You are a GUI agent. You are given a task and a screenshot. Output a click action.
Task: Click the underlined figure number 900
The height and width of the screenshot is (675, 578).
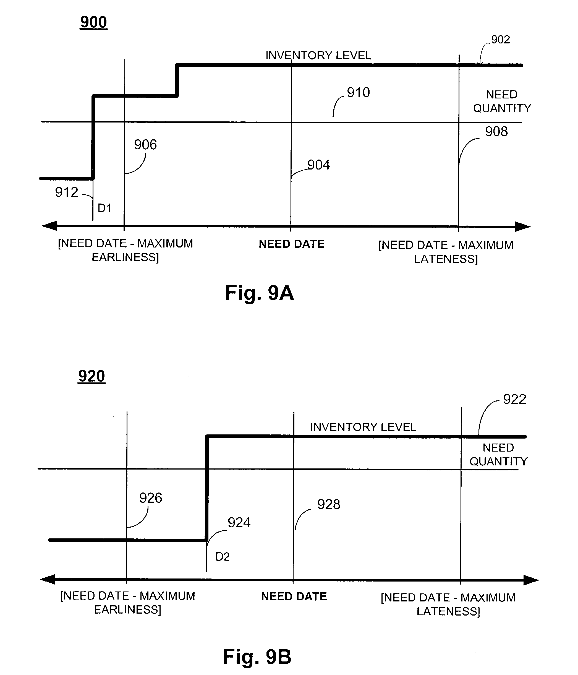pos(93,22)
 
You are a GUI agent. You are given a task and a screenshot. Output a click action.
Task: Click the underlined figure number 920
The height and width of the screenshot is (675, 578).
pos(91,376)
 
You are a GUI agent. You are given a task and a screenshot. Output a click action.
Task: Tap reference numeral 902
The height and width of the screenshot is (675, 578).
pos(501,40)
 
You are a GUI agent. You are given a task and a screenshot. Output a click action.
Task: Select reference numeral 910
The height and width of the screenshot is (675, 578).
pos(358,93)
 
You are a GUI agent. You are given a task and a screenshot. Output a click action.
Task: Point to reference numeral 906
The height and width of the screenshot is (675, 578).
pos(145,145)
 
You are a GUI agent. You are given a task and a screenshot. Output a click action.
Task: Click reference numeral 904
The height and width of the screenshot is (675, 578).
pos(319,165)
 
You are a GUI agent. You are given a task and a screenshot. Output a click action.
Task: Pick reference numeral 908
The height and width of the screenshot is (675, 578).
pos(496,132)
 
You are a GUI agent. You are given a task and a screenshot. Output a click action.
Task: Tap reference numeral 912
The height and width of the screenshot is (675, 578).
pos(66,192)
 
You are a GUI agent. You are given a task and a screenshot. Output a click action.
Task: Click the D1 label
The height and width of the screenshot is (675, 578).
pos(104,208)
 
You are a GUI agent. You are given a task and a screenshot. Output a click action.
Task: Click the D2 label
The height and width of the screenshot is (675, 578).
pos(223,557)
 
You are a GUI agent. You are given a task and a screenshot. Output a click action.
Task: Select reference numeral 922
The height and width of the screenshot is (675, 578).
pos(514,399)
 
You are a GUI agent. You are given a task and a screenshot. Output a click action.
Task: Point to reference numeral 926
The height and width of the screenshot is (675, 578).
pos(150,498)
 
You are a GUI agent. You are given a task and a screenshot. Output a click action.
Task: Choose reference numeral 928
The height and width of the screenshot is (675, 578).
pos(329,505)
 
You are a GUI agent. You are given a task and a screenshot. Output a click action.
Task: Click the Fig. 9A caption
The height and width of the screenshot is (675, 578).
pos(260,293)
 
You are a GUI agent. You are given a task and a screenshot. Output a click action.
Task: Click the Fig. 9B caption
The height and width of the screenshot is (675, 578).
pos(257,656)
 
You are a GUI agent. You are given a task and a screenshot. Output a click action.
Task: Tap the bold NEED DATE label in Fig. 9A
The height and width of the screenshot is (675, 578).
pos(292,244)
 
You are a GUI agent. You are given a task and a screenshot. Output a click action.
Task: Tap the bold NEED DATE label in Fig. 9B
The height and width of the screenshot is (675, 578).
pos(294,596)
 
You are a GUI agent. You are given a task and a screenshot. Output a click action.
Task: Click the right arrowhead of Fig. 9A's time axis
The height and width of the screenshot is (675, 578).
pos(523,226)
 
